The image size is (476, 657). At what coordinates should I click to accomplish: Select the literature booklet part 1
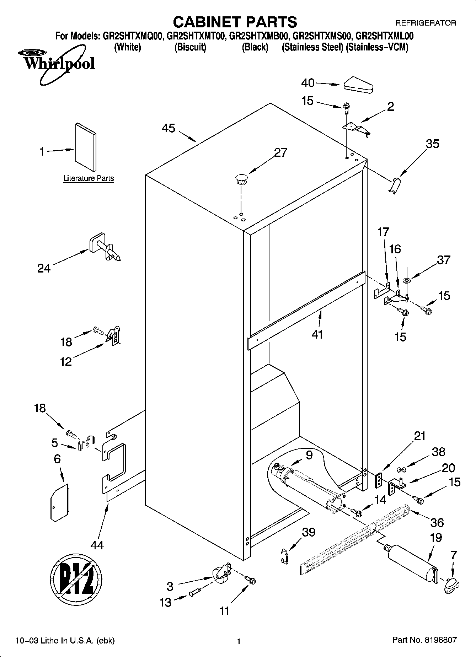coord(86,147)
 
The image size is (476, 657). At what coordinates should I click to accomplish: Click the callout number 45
coord(169,128)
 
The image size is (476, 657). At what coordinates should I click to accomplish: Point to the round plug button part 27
coord(241,178)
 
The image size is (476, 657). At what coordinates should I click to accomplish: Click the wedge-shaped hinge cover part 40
coord(358,85)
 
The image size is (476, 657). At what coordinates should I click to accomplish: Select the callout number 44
coord(97,545)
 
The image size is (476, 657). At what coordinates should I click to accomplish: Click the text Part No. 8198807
coord(424,641)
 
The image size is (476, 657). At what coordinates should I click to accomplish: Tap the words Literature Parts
coord(89,178)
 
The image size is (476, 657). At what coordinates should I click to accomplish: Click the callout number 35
coord(432,144)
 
